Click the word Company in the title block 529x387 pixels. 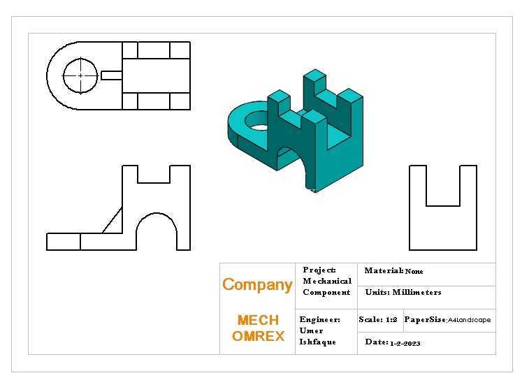pos(257,285)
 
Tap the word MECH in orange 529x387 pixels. pos(258,320)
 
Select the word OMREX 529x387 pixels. pos(258,336)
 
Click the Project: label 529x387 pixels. pos(319,270)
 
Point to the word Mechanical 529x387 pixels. pos(327,281)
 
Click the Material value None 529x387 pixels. pos(414,271)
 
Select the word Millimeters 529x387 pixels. pos(416,292)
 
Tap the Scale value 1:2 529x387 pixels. pos(391,319)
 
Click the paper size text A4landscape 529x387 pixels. pos(470,320)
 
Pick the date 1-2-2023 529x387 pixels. pos(405,344)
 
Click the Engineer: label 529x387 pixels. pos(320,319)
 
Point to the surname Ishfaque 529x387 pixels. pos(318,342)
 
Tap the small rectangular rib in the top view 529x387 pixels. pos(112,75)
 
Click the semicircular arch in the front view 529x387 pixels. pos(157,213)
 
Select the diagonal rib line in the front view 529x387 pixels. pos(113,220)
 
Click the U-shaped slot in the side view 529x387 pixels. pos(443,205)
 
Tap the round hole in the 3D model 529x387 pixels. pos(256,122)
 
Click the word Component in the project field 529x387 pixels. pos(326,292)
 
